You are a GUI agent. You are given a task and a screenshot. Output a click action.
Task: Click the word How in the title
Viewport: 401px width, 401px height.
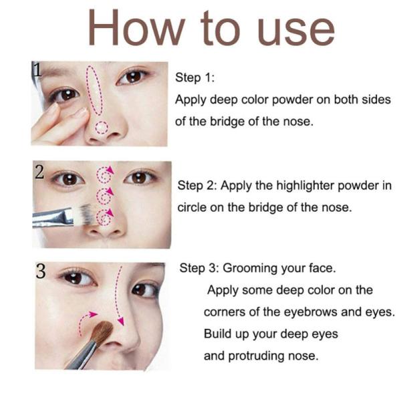(136, 27)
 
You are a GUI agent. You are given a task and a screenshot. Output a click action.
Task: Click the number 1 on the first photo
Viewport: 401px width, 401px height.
(37, 70)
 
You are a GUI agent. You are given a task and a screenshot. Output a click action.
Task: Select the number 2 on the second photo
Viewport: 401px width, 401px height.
(40, 172)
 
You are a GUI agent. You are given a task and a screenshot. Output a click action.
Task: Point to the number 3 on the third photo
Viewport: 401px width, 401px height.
(41, 271)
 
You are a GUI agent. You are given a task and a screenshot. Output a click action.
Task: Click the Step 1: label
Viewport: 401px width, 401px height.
(194, 78)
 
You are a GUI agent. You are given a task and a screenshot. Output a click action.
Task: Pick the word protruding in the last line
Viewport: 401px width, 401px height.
(256, 356)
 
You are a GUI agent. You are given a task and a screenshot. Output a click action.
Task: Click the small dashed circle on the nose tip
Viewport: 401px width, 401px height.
(102, 127)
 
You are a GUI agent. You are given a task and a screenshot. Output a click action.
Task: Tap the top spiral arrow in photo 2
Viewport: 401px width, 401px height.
(104, 174)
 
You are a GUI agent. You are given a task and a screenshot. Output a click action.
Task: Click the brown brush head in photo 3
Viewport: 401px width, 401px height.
(103, 332)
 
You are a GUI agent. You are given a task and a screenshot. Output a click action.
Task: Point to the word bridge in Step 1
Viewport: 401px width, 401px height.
(227, 122)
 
